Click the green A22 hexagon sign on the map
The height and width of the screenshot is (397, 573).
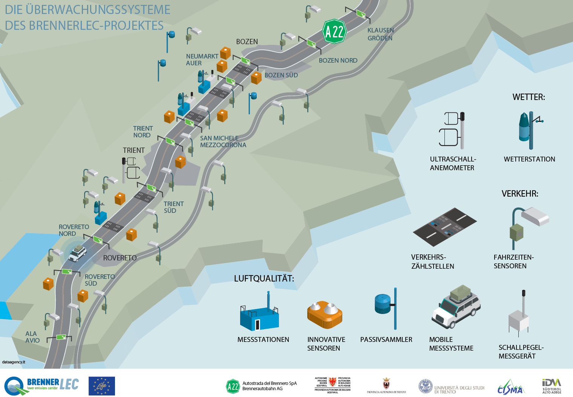point(334,31)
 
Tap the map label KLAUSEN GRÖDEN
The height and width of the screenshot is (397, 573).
point(380,34)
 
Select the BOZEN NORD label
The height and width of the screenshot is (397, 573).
point(338,60)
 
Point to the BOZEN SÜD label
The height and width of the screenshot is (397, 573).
point(281,75)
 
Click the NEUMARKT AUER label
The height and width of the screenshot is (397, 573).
point(202,60)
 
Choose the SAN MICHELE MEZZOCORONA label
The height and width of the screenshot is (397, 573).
point(223,142)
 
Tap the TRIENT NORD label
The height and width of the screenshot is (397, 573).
point(142,132)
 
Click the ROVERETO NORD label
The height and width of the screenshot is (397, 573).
point(74,230)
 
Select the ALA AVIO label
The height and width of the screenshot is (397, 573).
point(32,337)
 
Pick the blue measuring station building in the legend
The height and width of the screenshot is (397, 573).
point(259,317)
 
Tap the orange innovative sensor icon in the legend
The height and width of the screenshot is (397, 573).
point(325,314)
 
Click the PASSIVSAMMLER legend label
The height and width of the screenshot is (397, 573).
point(386,340)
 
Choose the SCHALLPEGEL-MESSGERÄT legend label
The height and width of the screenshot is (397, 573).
point(521,352)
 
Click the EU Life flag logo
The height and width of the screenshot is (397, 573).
point(102,386)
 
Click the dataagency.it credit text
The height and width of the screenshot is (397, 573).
point(14,362)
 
